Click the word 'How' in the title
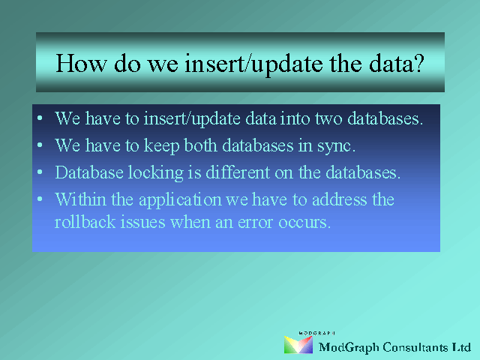pos(82,63)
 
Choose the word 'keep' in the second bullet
pos(161,145)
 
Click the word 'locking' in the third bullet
pos(155,173)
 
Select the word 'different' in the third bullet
pos(238,172)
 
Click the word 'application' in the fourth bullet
pos(180,200)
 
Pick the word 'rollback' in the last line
pos(85,222)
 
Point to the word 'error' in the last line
pos(255,223)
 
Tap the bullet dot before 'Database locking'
pos(40,172)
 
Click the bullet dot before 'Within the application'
pos(40,199)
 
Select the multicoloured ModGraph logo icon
pos(298,345)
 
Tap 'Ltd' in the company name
pos(462,347)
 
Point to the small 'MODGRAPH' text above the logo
pos(316,333)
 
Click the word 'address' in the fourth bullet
pos(339,200)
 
